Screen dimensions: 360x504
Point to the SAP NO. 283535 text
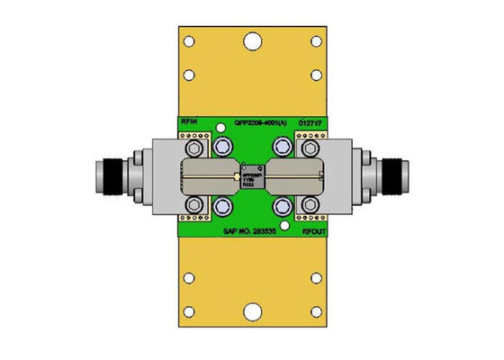[x=254, y=231]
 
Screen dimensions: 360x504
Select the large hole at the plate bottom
[x=251, y=313]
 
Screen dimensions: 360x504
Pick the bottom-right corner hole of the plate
[x=315, y=313]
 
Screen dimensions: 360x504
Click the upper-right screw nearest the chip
[x=284, y=144]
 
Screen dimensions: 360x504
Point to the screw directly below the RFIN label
[x=192, y=144]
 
